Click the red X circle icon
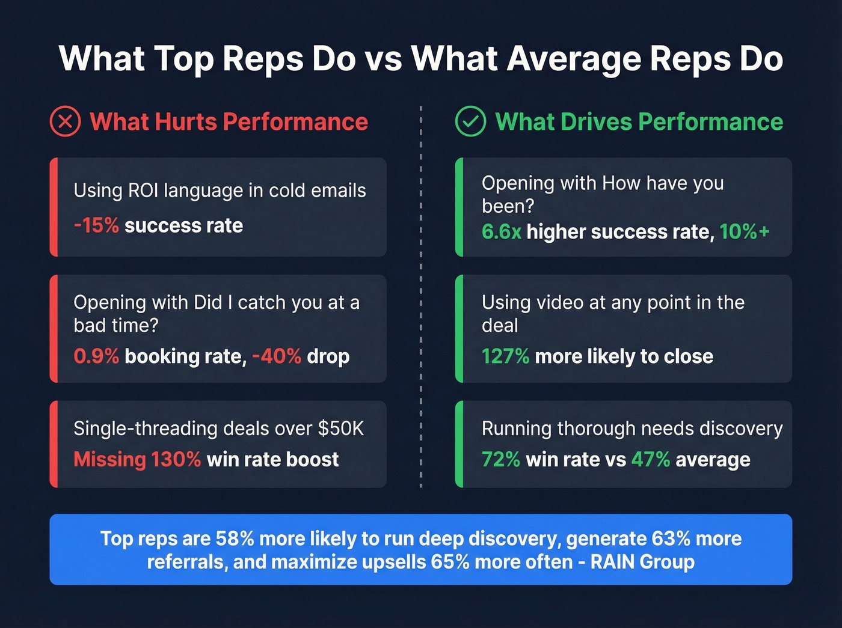click(65, 121)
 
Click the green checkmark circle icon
click(470, 121)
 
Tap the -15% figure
click(96, 225)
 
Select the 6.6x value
click(501, 231)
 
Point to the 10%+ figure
click(745, 231)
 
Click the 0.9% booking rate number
click(96, 356)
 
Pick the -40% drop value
click(277, 356)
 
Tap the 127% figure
click(505, 356)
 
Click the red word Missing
click(109, 460)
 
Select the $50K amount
click(341, 428)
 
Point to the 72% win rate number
click(500, 460)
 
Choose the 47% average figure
click(650, 460)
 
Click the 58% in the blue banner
click(235, 538)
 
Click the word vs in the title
click(383, 59)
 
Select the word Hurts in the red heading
click(185, 122)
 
